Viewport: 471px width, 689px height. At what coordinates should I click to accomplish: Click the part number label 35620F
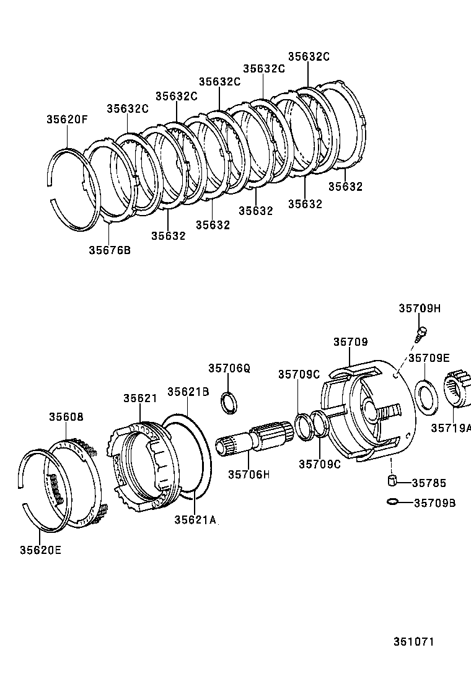tap(66, 120)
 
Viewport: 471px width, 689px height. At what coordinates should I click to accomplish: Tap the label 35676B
tap(110, 250)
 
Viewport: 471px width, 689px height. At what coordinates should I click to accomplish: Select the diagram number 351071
tap(413, 642)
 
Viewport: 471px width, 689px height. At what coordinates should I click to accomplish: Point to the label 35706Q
tap(229, 368)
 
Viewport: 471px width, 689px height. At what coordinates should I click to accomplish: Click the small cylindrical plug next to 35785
tap(392, 481)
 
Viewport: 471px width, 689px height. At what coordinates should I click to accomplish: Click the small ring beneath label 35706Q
tap(229, 402)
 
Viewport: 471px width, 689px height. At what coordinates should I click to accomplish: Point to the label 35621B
tap(188, 392)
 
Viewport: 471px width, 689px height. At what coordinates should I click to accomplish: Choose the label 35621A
tap(195, 519)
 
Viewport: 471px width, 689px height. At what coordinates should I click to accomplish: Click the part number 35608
tap(66, 417)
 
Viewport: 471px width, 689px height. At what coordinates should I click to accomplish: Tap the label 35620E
tap(40, 549)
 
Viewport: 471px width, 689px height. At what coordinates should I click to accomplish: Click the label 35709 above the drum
tap(351, 341)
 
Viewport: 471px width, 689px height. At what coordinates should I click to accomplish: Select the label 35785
tap(429, 483)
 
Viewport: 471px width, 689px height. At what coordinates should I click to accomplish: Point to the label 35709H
tap(420, 309)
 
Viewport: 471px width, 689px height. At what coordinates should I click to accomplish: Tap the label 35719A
tap(451, 428)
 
